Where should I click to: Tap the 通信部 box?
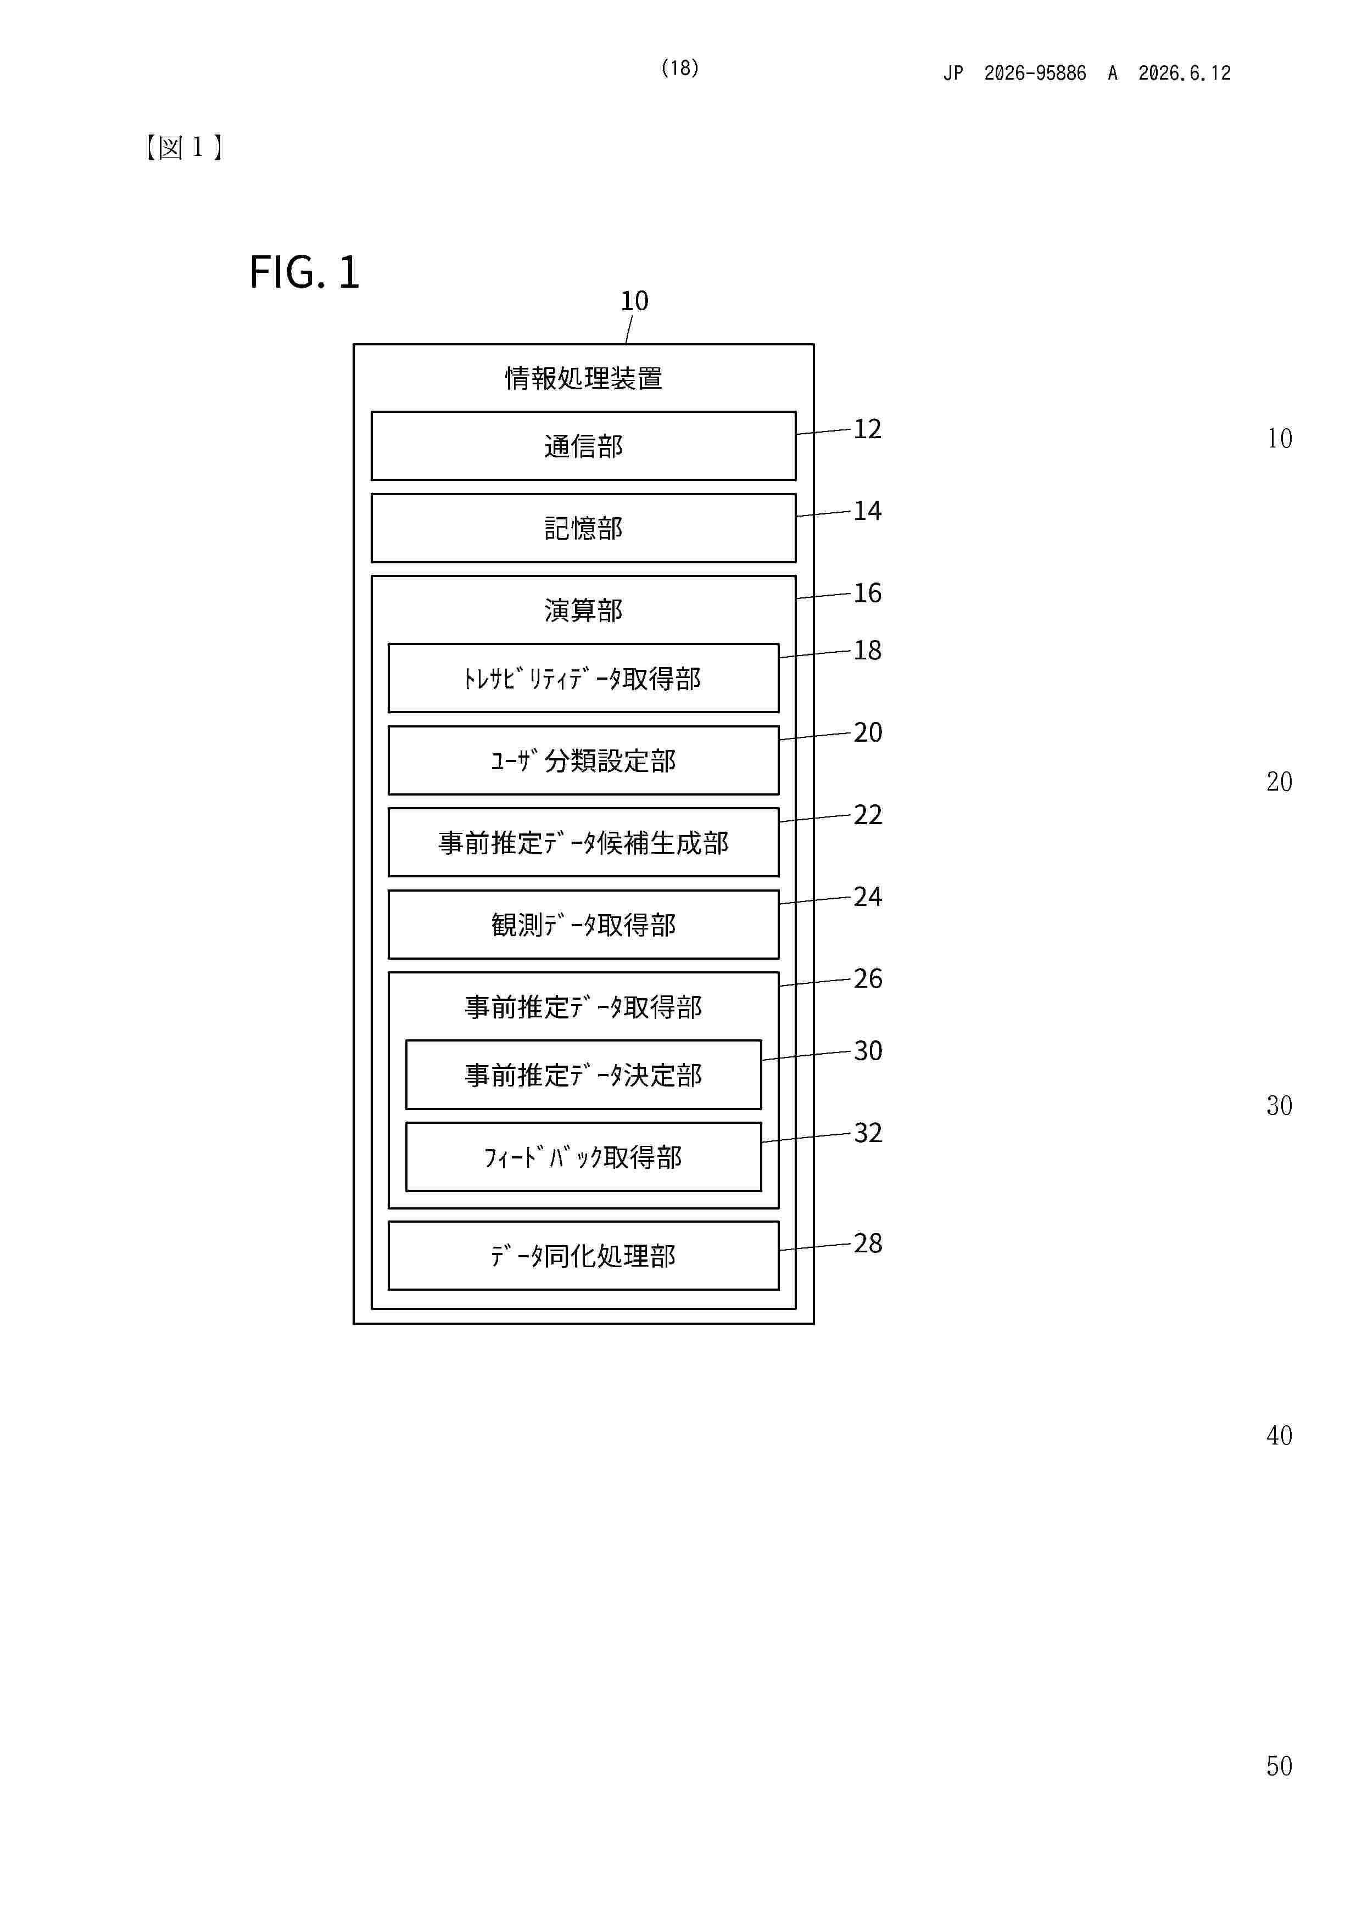click(583, 445)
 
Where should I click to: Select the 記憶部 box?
click(583, 528)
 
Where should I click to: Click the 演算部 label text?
click(583, 610)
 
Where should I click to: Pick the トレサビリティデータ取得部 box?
click(583, 678)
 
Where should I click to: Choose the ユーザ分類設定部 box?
click(583, 760)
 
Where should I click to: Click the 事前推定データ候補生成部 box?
click(583, 842)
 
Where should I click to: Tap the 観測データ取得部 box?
click(583, 925)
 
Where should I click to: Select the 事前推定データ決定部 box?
click(583, 1074)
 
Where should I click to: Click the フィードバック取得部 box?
click(583, 1157)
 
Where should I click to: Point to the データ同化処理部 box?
click(583, 1256)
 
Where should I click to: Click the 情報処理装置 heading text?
click(583, 378)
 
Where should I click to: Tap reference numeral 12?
click(868, 429)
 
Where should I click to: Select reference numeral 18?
click(868, 650)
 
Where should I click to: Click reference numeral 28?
click(868, 1243)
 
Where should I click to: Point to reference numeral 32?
click(868, 1133)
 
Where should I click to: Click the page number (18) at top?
click(680, 68)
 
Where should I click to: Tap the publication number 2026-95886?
click(1035, 73)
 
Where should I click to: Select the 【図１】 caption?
click(184, 148)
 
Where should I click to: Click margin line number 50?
click(1279, 1766)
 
